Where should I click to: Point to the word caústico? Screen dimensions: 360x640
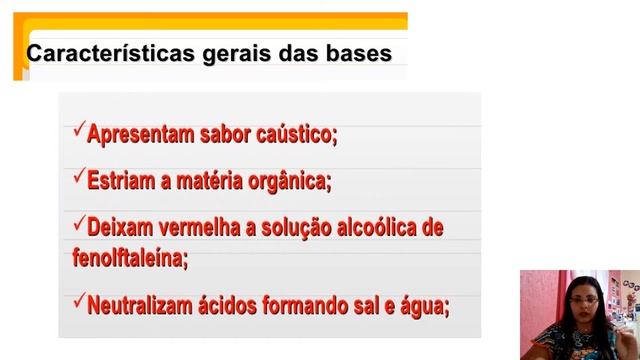pos(298,134)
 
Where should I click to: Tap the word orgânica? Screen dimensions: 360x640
pos(290,181)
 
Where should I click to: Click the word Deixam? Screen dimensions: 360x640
pos(121,227)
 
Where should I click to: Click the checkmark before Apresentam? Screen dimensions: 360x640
pos(79,131)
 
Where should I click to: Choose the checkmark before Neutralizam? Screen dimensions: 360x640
pos(79,299)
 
